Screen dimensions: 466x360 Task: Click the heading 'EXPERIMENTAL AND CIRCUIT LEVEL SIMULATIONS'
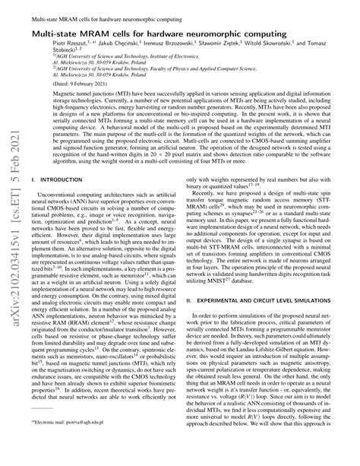(x=273, y=300)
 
